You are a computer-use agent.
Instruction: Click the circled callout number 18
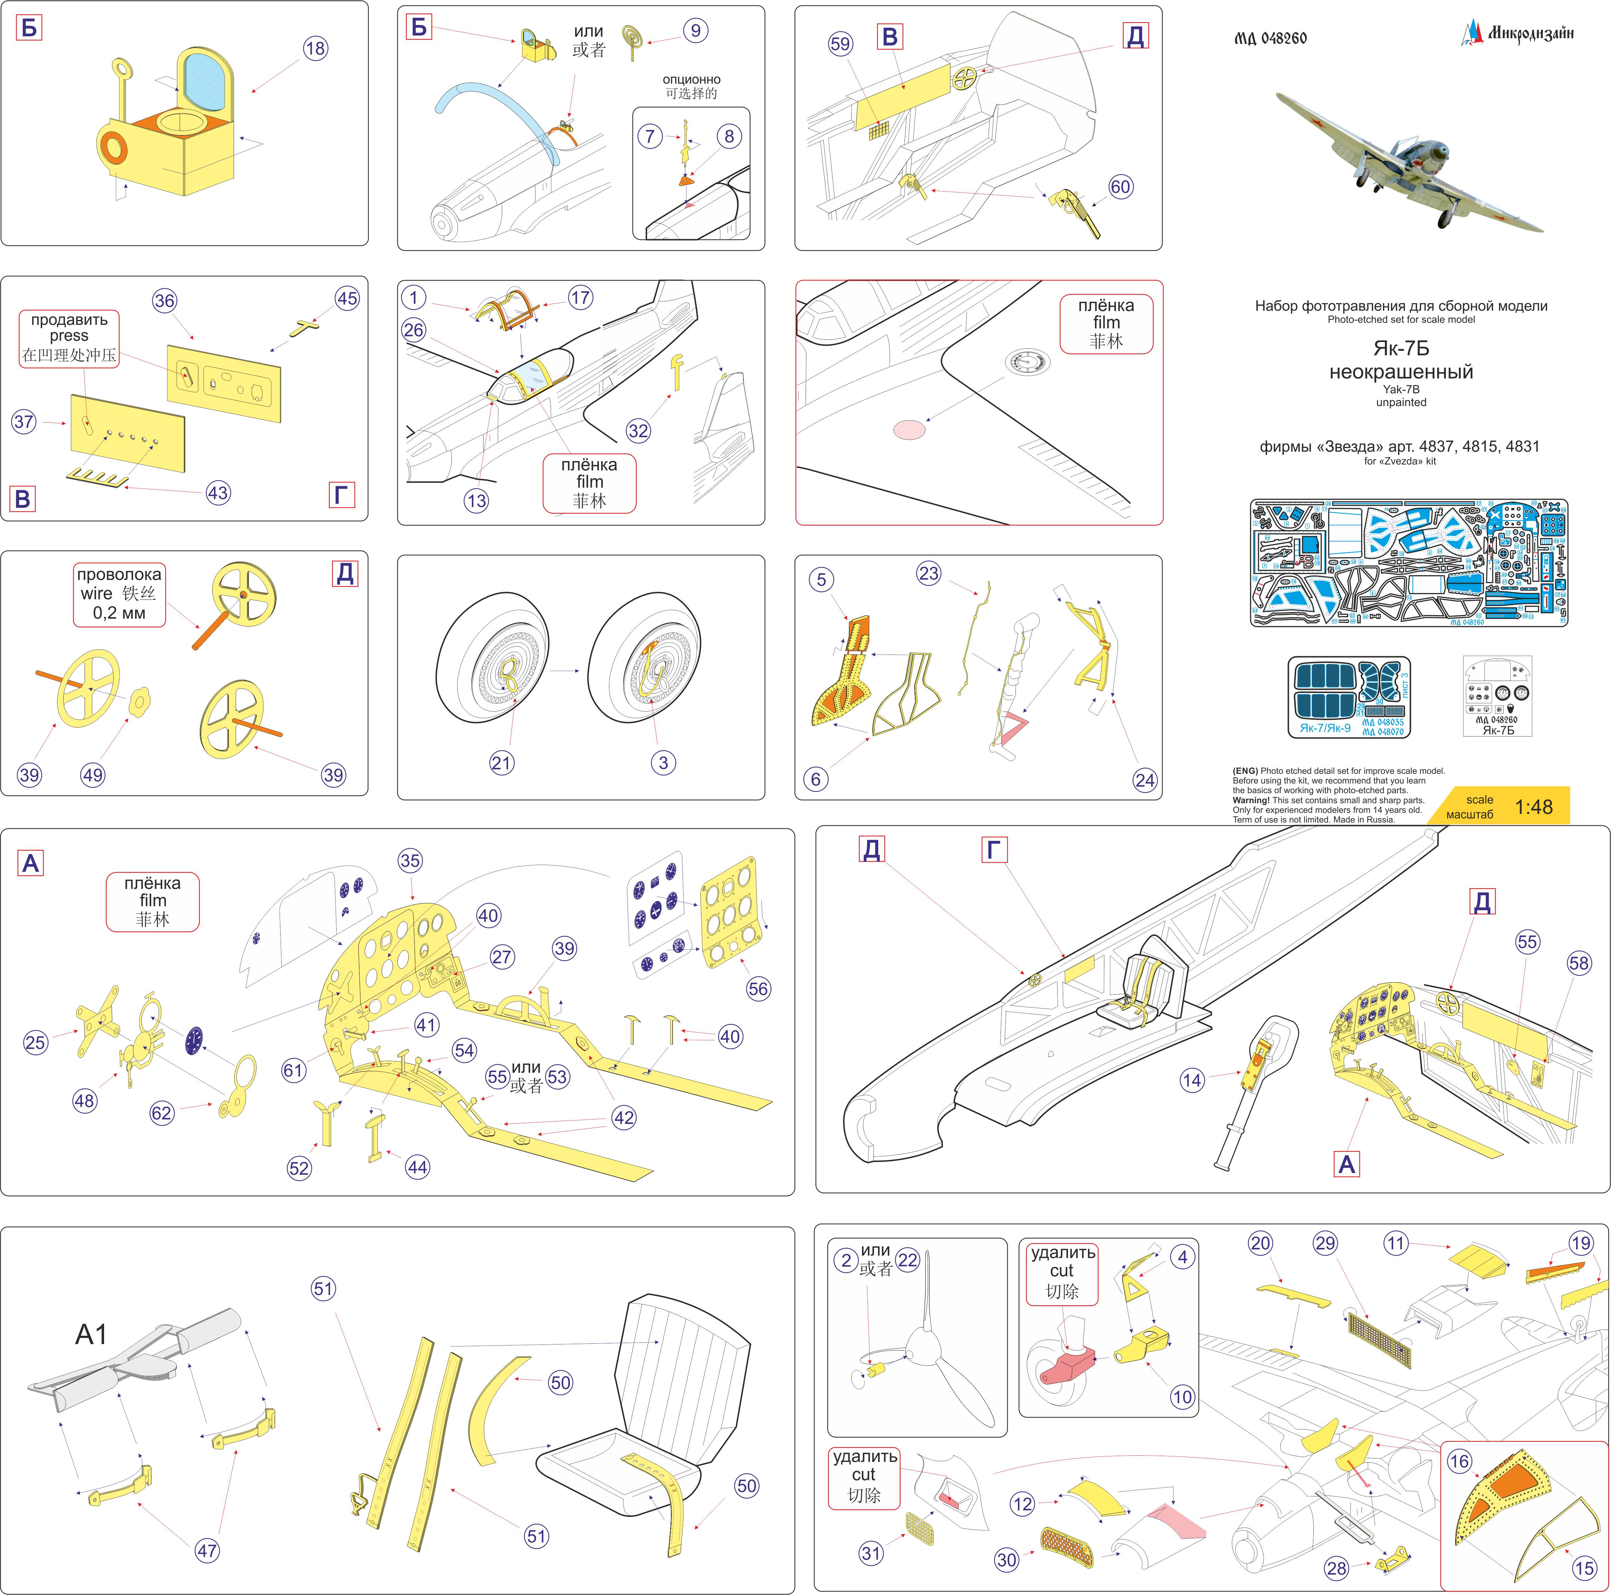[x=315, y=48]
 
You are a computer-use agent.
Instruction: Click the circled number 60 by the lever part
[x=1120, y=187]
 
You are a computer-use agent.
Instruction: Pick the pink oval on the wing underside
[x=909, y=429]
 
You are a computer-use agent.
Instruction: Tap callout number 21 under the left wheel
[x=501, y=762]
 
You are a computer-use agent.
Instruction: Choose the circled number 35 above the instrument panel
[x=410, y=861]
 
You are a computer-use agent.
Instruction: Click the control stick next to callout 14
[x=1251, y=1092]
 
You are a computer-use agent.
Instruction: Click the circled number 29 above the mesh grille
[x=1325, y=1243]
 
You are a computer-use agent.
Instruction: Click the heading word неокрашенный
[x=1401, y=372]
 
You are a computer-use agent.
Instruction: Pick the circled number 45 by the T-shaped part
[x=347, y=299]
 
